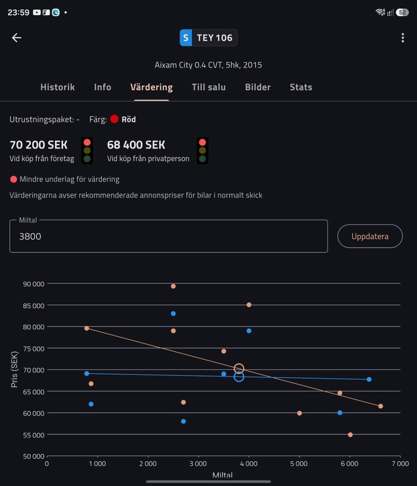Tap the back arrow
[x=16, y=37]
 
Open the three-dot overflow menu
[x=402, y=37]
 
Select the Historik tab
[x=58, y=87]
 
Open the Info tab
[x=102, y=87]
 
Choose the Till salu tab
[x=209, y=87]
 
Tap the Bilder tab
[x=258, y=87]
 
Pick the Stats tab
[x=301, y=87]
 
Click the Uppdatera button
[x=370, y=236]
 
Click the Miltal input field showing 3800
[x=169, y=236]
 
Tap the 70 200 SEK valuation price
[x=38, y=145]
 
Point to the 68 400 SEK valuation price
[x=136, y=145]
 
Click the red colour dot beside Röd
[x=114, y=119]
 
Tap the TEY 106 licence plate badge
[x=208, y=37]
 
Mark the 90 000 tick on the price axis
[x=33, y=284]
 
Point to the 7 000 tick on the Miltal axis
[x=400, y=464]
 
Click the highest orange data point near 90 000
[x=173, y=286]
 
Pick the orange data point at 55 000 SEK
[x=350, y=435]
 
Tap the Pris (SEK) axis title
[x=14, y=369]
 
